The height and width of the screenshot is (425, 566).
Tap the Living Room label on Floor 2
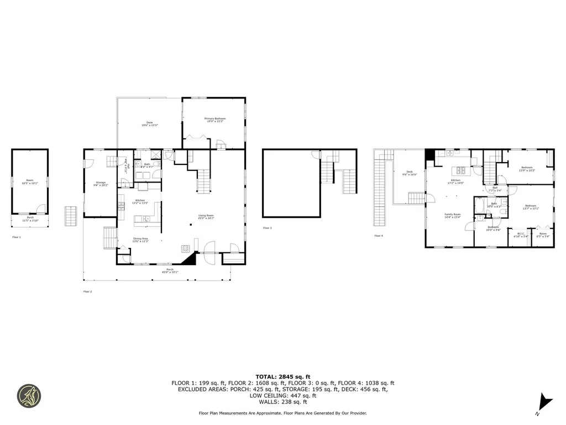tap(206, 217)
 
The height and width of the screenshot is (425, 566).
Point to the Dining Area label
tap(140, 240)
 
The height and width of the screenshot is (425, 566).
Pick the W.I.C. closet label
tap(521, 235)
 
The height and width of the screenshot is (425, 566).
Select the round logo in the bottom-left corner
tap(29, 395)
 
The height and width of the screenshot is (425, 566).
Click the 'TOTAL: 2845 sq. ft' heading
tap(282, 376)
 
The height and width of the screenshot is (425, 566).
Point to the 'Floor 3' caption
tap(268, 228)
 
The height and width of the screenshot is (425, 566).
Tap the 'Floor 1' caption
tap(17, 237)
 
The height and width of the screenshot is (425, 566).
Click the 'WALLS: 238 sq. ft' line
tap(282, 401)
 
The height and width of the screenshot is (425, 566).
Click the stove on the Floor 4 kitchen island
tap(458, 170)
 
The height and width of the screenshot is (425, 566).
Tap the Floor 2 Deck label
tap(149, 124)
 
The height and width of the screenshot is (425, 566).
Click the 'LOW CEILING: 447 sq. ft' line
tap(282, 395)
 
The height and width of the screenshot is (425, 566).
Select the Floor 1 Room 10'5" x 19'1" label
tap(29, 182)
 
